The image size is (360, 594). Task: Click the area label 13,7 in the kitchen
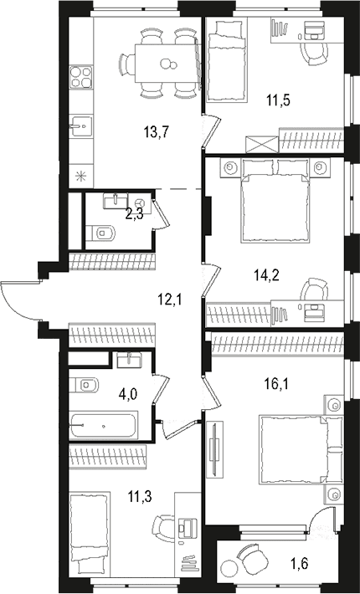click(x=156, y=132)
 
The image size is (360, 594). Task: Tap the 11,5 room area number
click(x=278, y=100)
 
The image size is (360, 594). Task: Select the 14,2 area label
click(x=266, y=275)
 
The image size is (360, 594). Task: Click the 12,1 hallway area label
click(x=170, y=300)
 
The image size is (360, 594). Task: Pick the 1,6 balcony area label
click(x=300, y=563)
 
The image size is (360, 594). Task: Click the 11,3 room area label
click(x=140, y=496)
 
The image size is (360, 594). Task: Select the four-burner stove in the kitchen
click(x=81, y=77)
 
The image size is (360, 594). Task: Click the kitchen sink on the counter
click(x=80, y=126)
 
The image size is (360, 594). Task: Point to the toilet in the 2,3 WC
click(x=100, y=233)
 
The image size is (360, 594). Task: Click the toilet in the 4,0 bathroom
click(x=84, y=386)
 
